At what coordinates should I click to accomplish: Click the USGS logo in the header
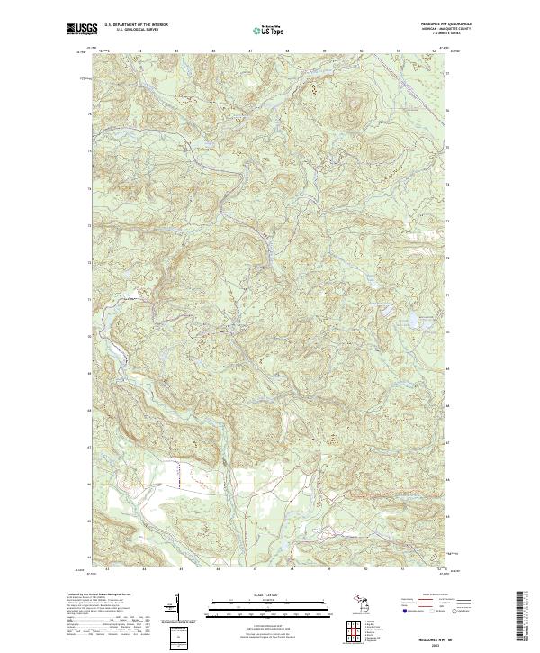pos(82,29)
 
